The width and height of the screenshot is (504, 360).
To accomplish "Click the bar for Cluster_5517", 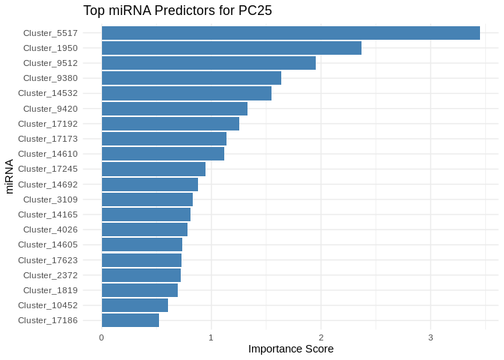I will point(290,33).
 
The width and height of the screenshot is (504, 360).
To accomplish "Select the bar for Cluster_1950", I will point(231,48).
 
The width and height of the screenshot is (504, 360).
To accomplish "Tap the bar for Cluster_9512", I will point(208,63).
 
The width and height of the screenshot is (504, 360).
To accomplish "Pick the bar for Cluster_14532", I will point(186,94).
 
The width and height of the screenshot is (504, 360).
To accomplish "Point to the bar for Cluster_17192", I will point(170,124).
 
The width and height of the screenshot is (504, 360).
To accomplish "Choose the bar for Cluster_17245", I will point(153,169).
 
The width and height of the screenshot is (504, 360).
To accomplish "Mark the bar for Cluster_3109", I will point(147,199).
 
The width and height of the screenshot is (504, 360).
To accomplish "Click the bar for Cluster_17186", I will point(130,320).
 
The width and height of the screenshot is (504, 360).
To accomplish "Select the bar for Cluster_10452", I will point(134,305).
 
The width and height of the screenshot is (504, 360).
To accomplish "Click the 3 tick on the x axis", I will point(430,337).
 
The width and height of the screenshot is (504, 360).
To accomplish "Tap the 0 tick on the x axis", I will point(101,337).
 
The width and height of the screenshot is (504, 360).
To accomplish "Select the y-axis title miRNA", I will point(10,176).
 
